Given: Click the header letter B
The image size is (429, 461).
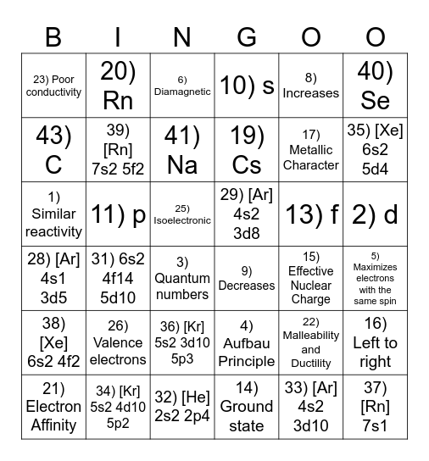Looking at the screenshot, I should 53,36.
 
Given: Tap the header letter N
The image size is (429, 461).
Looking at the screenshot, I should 182,36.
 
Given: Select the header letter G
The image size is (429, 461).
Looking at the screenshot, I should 247,36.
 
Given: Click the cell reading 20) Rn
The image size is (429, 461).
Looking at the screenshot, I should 118,85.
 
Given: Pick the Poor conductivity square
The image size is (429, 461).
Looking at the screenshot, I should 53,86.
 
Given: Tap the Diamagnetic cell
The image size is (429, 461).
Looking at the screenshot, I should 182,85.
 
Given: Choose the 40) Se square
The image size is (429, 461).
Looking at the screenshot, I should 375,85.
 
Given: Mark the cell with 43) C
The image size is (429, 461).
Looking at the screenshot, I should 53,149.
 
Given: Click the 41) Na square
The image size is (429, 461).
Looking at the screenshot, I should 182,149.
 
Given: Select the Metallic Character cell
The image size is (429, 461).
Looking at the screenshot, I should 311,149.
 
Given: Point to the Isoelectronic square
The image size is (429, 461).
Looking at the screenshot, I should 182,214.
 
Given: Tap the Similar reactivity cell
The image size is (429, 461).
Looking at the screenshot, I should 53,214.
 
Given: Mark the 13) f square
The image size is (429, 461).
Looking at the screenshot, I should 311,214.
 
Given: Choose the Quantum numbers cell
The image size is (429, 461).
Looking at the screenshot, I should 182,279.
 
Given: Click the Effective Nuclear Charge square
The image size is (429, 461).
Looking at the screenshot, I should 311,279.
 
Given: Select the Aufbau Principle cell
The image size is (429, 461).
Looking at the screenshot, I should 247,343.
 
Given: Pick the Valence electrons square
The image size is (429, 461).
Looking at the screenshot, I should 118,343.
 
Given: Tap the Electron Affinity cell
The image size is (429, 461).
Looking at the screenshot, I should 53,408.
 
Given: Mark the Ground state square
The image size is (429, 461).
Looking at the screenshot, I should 247,408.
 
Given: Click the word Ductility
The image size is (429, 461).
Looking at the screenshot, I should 311,364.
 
